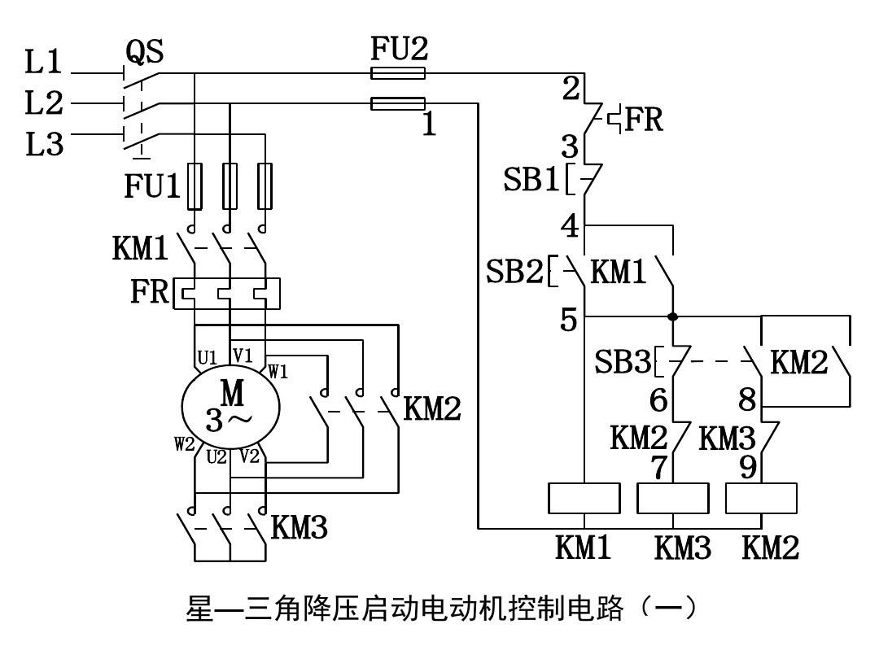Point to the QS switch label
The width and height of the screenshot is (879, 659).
coord(144,51)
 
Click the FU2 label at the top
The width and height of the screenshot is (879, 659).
coord(398,49)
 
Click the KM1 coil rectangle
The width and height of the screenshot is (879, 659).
coord(584,498)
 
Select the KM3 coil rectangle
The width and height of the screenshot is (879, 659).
coord(673,498)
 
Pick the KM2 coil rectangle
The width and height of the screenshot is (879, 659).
coord(761,498)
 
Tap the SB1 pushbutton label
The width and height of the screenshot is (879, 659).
coord(530,180)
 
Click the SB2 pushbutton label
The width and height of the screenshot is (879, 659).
coord(514,271)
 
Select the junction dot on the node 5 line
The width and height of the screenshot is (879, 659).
coord(673,316)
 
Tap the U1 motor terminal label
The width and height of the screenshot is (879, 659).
coord(207,357)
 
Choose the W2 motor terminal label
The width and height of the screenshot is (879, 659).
coord(183,445)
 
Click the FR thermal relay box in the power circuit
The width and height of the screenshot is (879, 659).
coord(227,293)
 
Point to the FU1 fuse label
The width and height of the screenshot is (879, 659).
coord(151,186)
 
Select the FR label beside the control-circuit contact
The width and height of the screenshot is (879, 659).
coord(644,120)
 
